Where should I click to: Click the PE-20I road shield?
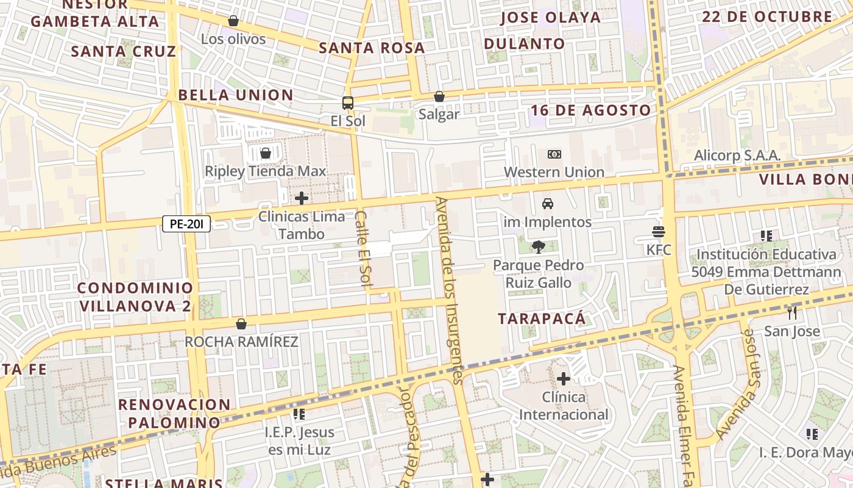tap(186, 224)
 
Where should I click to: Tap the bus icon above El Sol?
tap(348, 102)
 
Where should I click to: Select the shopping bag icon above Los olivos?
tap(233, 21)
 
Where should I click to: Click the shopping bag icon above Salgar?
tap(439, 96)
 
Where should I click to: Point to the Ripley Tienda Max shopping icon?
tap(265, 152)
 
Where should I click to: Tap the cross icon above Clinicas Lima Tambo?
tap(301, 198)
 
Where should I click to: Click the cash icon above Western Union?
tap(554, 154)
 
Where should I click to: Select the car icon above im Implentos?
tap(547, 204)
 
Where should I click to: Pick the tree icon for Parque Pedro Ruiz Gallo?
tap(538, 247)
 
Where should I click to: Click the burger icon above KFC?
tap(659, 232)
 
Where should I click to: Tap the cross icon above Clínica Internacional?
tap(564, 379)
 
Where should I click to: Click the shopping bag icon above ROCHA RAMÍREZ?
tap(241, 323)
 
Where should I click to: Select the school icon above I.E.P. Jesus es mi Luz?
tap(299, 414)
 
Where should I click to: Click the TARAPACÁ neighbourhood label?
tap(542, 318)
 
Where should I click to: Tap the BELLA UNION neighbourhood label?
tap(236, 95)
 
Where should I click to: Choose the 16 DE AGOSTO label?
tap(590, 110)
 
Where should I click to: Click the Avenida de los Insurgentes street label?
tap(450, 290)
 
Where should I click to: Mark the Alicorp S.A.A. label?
tap(737, 156)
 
